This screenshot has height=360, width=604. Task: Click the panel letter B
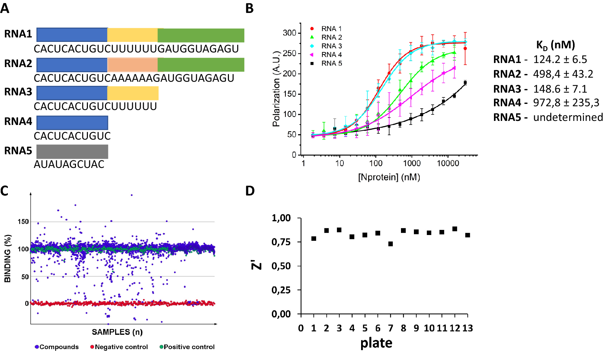(249, 9)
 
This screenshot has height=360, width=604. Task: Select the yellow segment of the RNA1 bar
(133, 35)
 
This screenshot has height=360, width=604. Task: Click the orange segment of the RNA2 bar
(133, 65)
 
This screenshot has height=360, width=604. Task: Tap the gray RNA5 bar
(72, 152)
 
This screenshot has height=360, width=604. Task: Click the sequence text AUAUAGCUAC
(69, 165)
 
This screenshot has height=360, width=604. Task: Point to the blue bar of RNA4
(72, 123)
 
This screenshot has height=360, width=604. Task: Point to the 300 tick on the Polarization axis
(290, 33)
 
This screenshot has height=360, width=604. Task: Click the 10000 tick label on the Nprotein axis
(448, 163)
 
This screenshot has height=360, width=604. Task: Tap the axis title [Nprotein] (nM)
(389, 177)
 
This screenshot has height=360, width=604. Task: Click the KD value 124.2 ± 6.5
(560, 60)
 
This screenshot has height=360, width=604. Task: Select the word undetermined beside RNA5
(568, 117)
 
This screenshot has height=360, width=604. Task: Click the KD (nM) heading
(555, 45)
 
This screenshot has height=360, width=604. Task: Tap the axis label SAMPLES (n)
(117, 332)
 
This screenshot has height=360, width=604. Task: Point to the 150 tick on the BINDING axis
(23, 222)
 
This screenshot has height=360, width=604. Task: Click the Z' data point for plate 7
(390, 244)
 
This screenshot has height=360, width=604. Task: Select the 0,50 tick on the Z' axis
(281, 266)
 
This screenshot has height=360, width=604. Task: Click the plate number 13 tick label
(467, 328)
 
